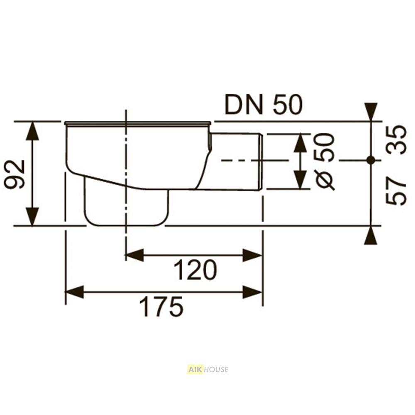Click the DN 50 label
tap(264, 105)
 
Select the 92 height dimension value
tap(15, 174)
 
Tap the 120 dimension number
tap(195, 270)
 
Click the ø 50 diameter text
tap(325, 161)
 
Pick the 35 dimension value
tap(395, 140)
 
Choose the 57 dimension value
tap(395, 191)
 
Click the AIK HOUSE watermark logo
tap(207, 369)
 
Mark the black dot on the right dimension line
tap(371, 160)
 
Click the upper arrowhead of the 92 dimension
tap(32, 131)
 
